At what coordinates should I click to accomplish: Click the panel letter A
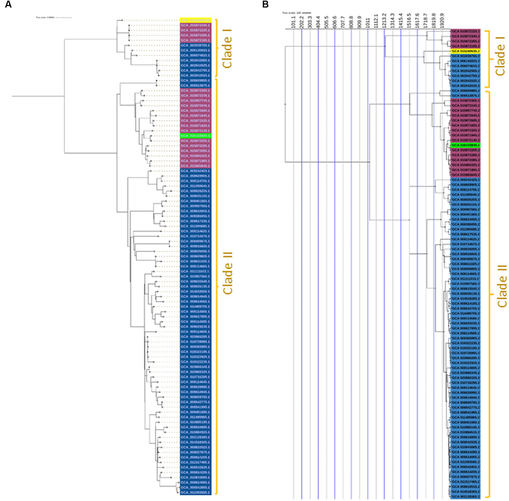tap(8, 5)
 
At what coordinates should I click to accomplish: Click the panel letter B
tap(265, 5)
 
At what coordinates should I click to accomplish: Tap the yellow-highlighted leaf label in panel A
tap(195, 20)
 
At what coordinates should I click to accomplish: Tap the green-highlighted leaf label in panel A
tap(195, 136)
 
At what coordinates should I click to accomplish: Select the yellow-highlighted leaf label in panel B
tap(466, 51)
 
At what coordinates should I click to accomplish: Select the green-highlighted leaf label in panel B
tap(466, 145)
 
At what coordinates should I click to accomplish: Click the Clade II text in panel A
tap(228, 273)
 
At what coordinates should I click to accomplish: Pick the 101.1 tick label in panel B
tap(293, 21)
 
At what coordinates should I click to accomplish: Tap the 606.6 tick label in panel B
tap(335, 21)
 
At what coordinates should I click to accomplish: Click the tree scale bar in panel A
tap(63, 17)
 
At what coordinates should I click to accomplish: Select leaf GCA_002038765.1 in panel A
tap(195, 45)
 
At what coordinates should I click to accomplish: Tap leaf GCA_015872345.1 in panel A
tap(195, 25)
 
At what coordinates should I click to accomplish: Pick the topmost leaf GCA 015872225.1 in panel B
tap(466, 31)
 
